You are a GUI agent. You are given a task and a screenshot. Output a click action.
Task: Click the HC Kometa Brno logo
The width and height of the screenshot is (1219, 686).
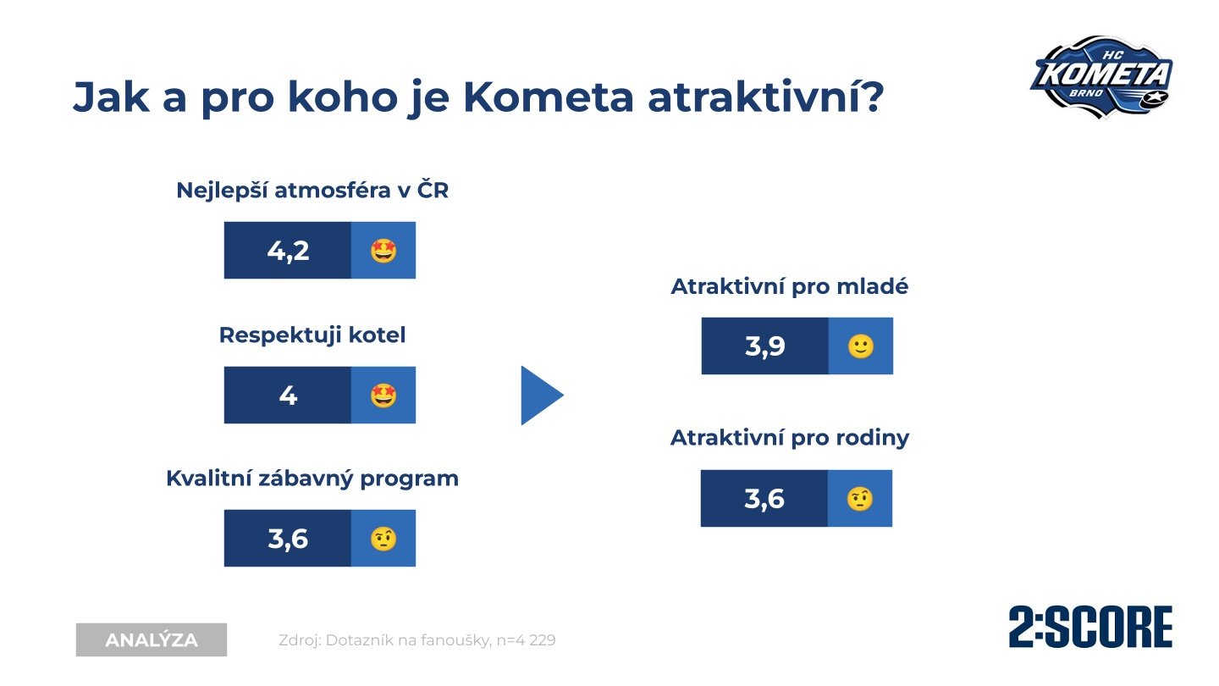[1101, 77]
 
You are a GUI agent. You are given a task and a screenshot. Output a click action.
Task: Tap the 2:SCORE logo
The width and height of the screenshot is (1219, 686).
[1090, 627]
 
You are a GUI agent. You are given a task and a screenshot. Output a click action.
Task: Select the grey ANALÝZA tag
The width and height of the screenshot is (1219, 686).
[152, 639]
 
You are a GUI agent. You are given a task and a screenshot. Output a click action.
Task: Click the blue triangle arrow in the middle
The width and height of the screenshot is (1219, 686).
[542, 396]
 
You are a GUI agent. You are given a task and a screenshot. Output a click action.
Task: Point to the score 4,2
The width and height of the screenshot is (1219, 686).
[288, 251]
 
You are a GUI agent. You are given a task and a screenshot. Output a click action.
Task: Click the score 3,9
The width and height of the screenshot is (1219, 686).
[764, 346]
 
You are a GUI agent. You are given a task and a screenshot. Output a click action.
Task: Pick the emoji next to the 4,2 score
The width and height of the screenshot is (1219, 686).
[383, 251]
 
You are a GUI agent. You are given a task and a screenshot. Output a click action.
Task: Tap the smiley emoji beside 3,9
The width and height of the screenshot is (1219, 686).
[861, 346]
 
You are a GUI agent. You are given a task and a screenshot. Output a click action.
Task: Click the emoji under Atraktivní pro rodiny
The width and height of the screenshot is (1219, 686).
[860, 499]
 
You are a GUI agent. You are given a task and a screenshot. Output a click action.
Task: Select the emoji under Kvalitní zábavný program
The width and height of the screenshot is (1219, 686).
[383, 539]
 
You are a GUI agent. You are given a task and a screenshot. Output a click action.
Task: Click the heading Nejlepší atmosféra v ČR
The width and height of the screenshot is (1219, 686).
[312, 191]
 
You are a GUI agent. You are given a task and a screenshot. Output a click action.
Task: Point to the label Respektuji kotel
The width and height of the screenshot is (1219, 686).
[312, 335]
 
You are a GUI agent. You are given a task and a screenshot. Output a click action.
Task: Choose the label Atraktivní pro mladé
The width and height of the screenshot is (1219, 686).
[790, 286]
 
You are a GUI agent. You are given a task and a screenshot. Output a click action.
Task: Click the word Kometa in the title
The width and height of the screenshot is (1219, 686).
[549, 97]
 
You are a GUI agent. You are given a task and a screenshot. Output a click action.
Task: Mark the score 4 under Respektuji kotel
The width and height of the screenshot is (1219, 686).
[288, 396]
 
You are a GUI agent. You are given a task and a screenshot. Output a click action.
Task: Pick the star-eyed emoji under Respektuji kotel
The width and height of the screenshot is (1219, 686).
[383, 396]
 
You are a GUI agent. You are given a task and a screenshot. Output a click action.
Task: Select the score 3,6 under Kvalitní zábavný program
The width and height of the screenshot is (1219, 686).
[288, 539]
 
